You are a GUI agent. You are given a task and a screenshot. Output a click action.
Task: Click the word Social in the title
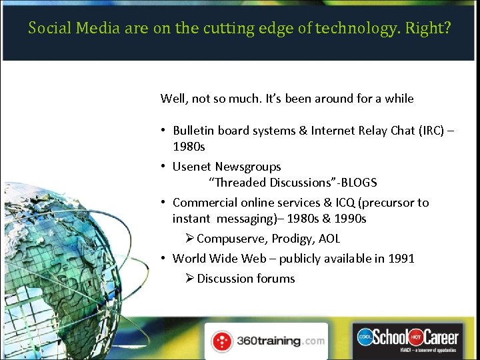pos(48,29)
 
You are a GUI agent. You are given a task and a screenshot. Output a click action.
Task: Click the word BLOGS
pos(360,182)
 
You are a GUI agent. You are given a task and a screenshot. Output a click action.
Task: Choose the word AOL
pos(329,239)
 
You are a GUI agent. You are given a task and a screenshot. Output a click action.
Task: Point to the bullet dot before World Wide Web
pos(163,258)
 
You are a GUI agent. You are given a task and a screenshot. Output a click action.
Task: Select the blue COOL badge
pos(365,336)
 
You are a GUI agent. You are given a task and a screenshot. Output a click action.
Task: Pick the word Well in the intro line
pos(174,99)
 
